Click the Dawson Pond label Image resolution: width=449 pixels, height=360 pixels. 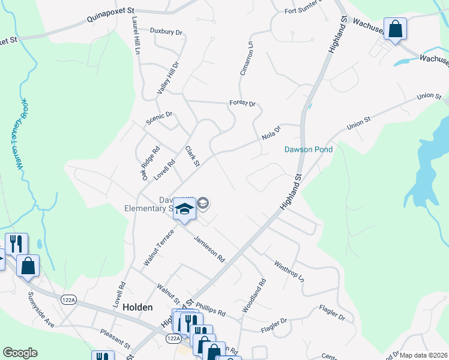(308, 149)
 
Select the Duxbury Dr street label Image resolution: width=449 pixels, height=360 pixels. (166, 31)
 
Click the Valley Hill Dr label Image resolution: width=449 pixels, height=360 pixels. (168, 77)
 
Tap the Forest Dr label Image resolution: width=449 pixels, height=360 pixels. (243, 103)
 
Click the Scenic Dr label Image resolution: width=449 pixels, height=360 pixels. (159, 118)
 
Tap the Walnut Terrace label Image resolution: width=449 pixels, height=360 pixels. (158, 247)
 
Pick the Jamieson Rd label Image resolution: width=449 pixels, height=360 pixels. (209, 249)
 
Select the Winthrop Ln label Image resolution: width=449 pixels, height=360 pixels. (289, 271)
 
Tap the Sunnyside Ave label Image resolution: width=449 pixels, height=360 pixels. (41, 310)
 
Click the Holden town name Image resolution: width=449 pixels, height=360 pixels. (137, 307)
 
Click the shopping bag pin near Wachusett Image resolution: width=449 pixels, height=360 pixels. (395, 30)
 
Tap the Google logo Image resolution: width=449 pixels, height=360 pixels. (20, 353)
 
